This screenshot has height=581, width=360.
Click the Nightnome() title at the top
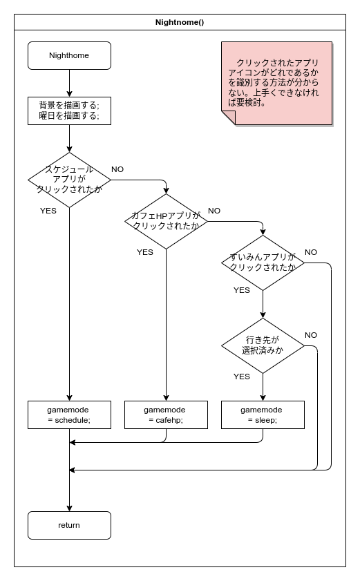(180, 22)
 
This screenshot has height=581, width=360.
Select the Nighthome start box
(69, 55)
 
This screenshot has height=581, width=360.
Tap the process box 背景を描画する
(69, 111)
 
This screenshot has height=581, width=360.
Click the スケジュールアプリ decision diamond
(69, 180)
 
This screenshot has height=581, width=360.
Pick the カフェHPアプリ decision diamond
(166, 222)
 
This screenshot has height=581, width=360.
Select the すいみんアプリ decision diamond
(263, 263)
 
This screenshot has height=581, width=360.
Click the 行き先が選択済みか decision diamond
(263, 345)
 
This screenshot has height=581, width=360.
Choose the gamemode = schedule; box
(69, 415)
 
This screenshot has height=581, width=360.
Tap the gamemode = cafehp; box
(166, 415)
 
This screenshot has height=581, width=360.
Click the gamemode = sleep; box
(263, 415)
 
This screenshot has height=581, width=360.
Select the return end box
(69, 526)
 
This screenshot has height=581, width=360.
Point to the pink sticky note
(276, 84)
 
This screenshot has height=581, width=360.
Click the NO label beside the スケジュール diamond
(117, 169)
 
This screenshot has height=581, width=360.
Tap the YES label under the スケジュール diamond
(48, 211)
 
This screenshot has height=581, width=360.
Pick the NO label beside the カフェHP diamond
(214, 211)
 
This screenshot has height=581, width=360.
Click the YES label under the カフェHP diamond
(145, 252)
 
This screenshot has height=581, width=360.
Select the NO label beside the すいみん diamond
(311, 252)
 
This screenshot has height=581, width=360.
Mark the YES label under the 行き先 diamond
(242, 377)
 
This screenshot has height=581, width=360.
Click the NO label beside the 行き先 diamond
(311, 335)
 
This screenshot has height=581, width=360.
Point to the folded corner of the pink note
(229, 118)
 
